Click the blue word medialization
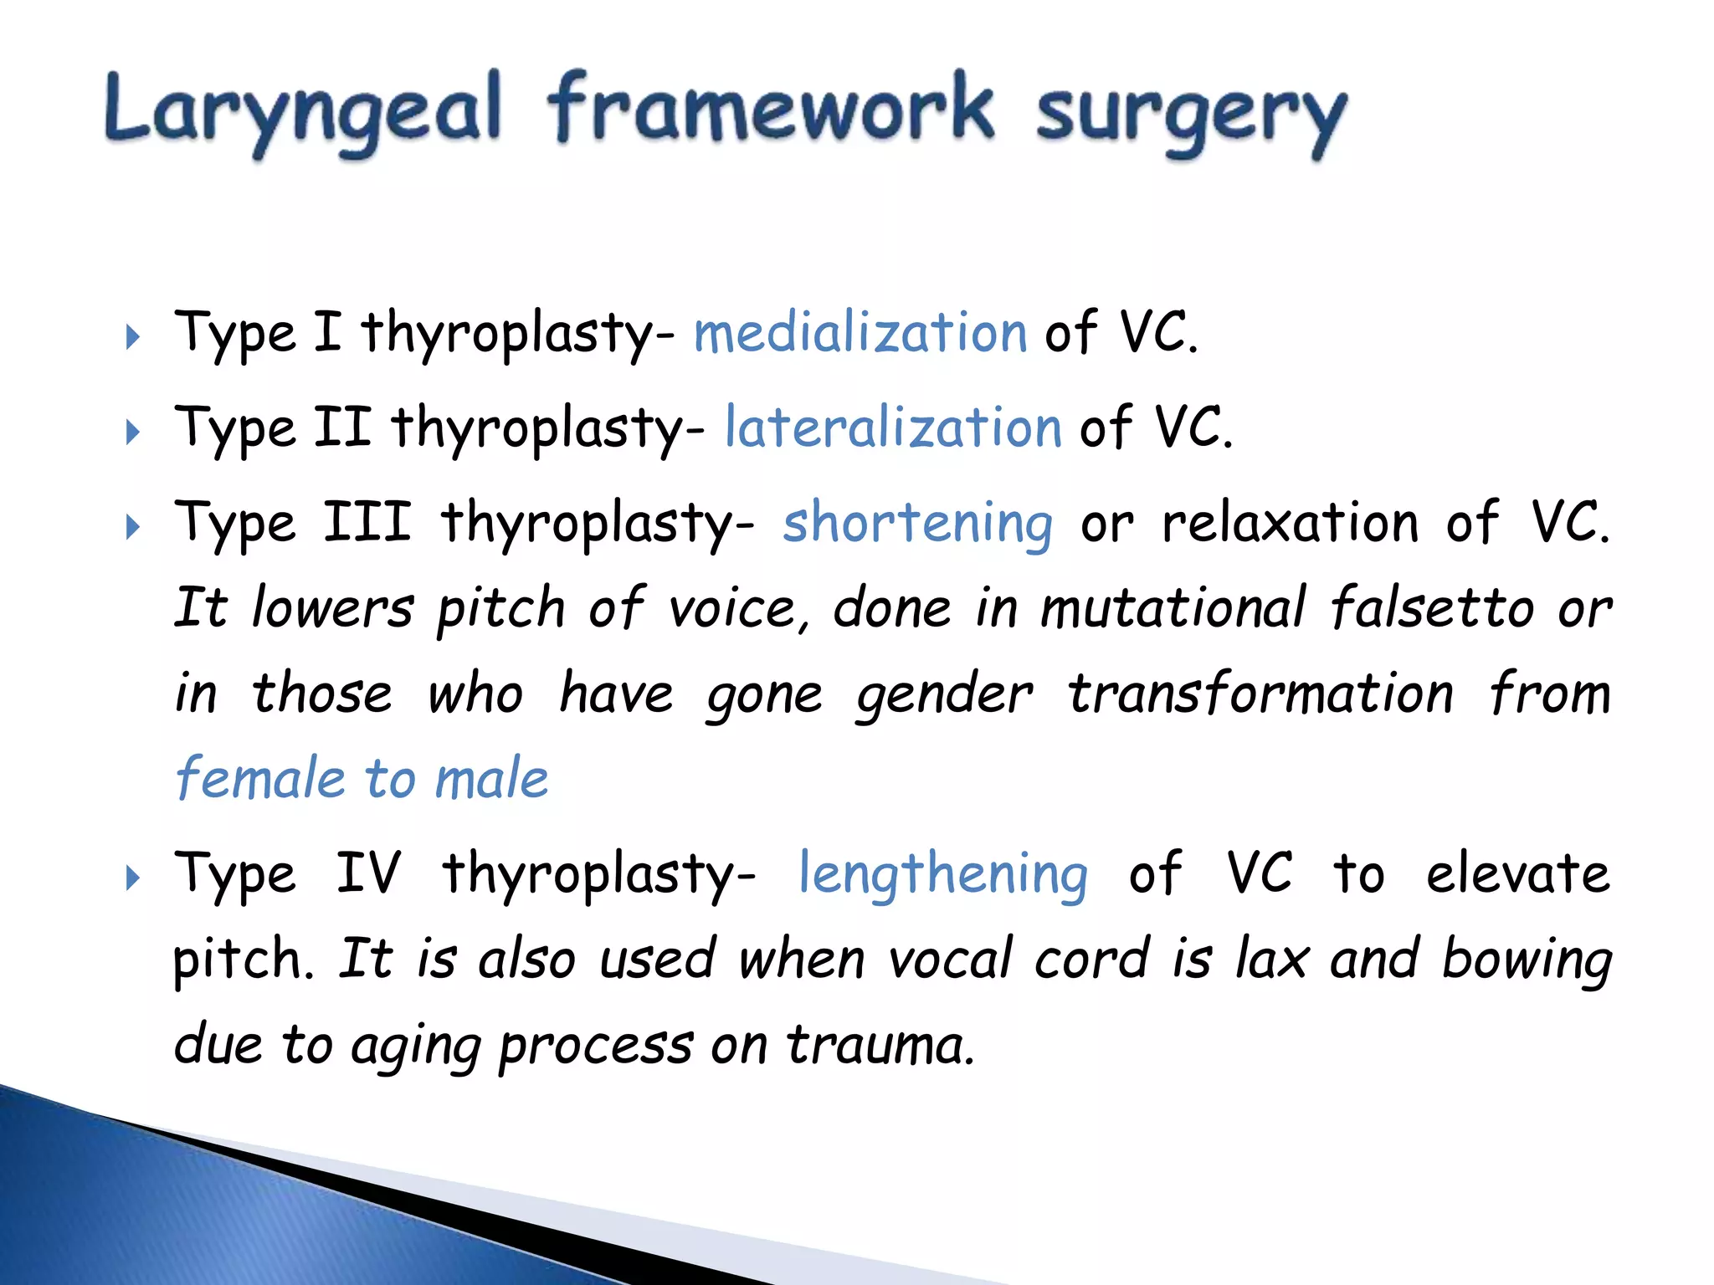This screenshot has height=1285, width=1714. [x=860, y=333]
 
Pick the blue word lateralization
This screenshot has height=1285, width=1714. [x=893, y=427]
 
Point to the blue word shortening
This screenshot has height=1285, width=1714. [x=917, y=523]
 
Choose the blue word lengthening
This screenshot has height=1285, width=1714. [x=943, y=874]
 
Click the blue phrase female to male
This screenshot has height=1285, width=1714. [x=362, y=778]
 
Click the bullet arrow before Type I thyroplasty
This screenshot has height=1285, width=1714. [x=132, y=337]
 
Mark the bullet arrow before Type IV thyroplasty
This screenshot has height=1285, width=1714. [x=132, y=878]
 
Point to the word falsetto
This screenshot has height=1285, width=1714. [x=1432, y=607]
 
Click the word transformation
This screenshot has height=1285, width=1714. [x=1260, y=694]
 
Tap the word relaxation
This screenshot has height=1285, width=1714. [x=1291, y=523]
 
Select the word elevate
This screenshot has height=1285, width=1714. [x=1517, y=873]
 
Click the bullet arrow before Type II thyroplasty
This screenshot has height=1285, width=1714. [x=132, y=433]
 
